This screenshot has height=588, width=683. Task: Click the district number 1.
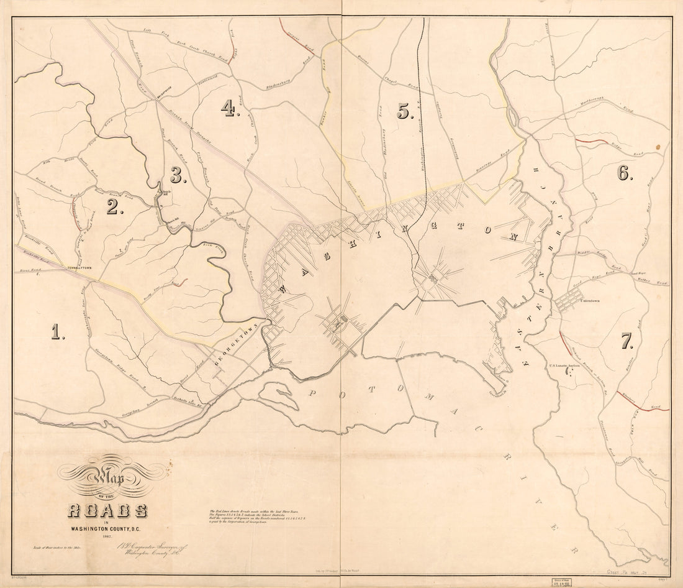[58, 333]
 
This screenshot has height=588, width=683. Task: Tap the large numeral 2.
[113, 207]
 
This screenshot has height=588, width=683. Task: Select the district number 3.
[178, 176]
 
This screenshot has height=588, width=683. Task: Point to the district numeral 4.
[229, 109]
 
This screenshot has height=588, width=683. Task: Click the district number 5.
[405, 112]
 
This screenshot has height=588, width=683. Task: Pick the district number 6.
[624, 173]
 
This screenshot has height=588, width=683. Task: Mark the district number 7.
[626, 341]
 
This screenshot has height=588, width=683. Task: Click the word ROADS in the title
[107, 511]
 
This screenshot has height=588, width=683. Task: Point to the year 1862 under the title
[108, 536]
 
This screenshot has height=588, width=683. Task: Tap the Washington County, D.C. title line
[108, 529]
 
